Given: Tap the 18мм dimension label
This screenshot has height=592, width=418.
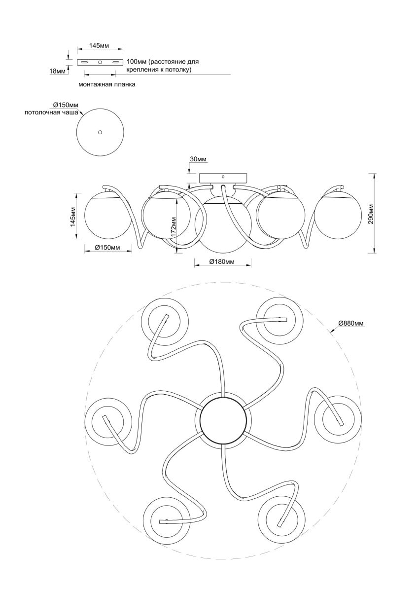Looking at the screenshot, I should pyautogui.click(x=58, y=72).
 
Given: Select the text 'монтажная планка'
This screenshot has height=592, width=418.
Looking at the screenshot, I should pyautogui.click(x=107, y=85).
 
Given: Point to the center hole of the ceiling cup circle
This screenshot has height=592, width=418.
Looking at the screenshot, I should pyautogui.click(x=100, y=132).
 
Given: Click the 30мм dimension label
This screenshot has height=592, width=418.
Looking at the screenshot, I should pyautogui.click(x=198, y=159).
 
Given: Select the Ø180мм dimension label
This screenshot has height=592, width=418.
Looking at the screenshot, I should pyautogui.click(x=221, y=262).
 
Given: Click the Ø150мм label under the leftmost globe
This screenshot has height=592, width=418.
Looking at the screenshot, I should pyautogui.click(x=107, y=247).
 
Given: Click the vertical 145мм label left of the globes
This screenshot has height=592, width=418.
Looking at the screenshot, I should pyautogui.click(x=72, y=217).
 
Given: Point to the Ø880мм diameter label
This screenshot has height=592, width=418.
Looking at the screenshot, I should pyautogui.click(x=351, y=323).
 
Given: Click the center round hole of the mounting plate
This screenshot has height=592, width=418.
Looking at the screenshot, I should pyautogui.click(x=100, y=63).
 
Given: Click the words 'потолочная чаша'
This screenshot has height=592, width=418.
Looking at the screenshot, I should pyautogui.click(x=51, y=113).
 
